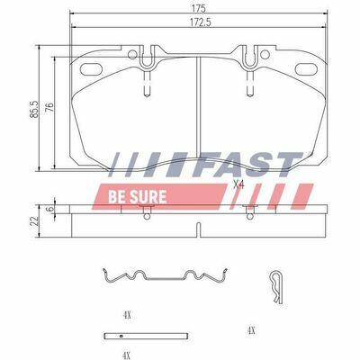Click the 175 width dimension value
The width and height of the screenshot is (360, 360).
(x=198, y=8)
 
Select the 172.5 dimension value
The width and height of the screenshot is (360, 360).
(x=198, y=22)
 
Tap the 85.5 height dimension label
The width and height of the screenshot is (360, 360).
(x=34, y=109)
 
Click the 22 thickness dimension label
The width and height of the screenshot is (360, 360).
(x=34, y=221)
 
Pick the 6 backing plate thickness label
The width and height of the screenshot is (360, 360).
(x=50, y=209)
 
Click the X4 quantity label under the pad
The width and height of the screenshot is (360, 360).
(x=238, y=184)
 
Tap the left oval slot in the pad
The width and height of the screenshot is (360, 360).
(x=91, y=69)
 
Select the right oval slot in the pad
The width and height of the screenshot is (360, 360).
(x=306, y=69)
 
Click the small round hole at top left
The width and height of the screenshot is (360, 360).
(x=132, y=55)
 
